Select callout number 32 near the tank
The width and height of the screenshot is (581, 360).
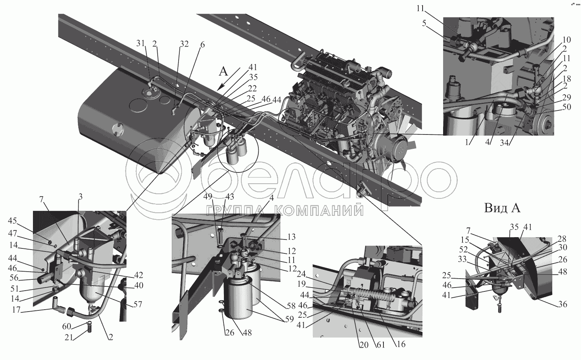[x=184, y=44]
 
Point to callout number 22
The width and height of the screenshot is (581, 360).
[x=253, y=88]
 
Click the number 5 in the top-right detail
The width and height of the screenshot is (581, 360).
[x=424, y=23]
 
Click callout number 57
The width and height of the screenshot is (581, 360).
[x=138, y=305]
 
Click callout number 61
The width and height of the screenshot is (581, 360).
[x=381, y=344]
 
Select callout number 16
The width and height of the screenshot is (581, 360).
[x=401, y=344]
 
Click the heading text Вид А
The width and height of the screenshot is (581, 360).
[x=502, y=208]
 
